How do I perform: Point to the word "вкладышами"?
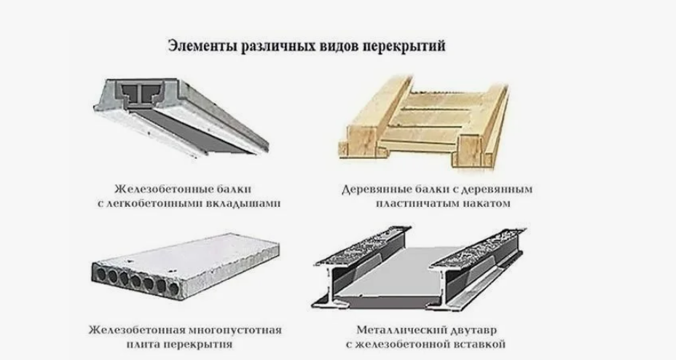click(242, 203)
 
